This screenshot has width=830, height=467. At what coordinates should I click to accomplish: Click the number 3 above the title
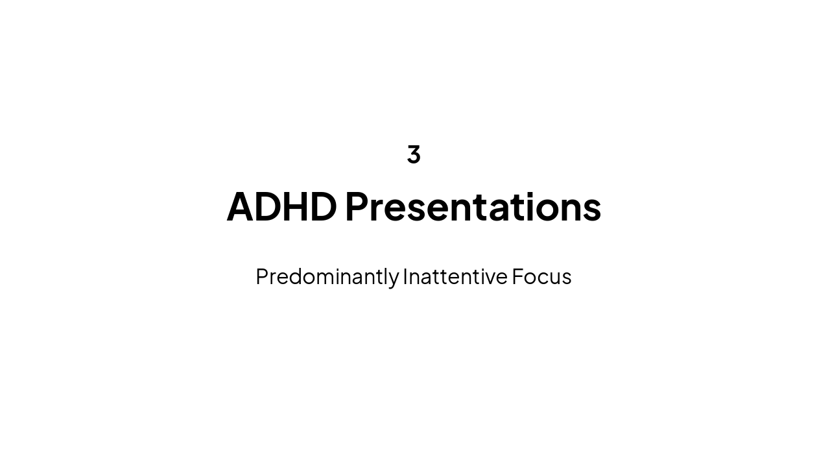414,154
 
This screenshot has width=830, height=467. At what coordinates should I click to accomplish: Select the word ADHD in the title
281,207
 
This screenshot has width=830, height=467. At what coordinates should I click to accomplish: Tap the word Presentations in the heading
473,207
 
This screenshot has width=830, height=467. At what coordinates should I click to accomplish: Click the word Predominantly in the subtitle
327,277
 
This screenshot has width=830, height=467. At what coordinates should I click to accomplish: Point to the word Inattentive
455,277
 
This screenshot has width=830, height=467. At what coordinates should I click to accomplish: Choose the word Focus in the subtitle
541,277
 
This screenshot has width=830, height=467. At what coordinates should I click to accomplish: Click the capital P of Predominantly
262,277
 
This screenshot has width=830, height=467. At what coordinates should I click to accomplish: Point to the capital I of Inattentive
405,277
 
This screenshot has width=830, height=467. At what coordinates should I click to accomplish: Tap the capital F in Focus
517,277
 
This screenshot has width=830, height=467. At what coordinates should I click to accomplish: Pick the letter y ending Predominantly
394,279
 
